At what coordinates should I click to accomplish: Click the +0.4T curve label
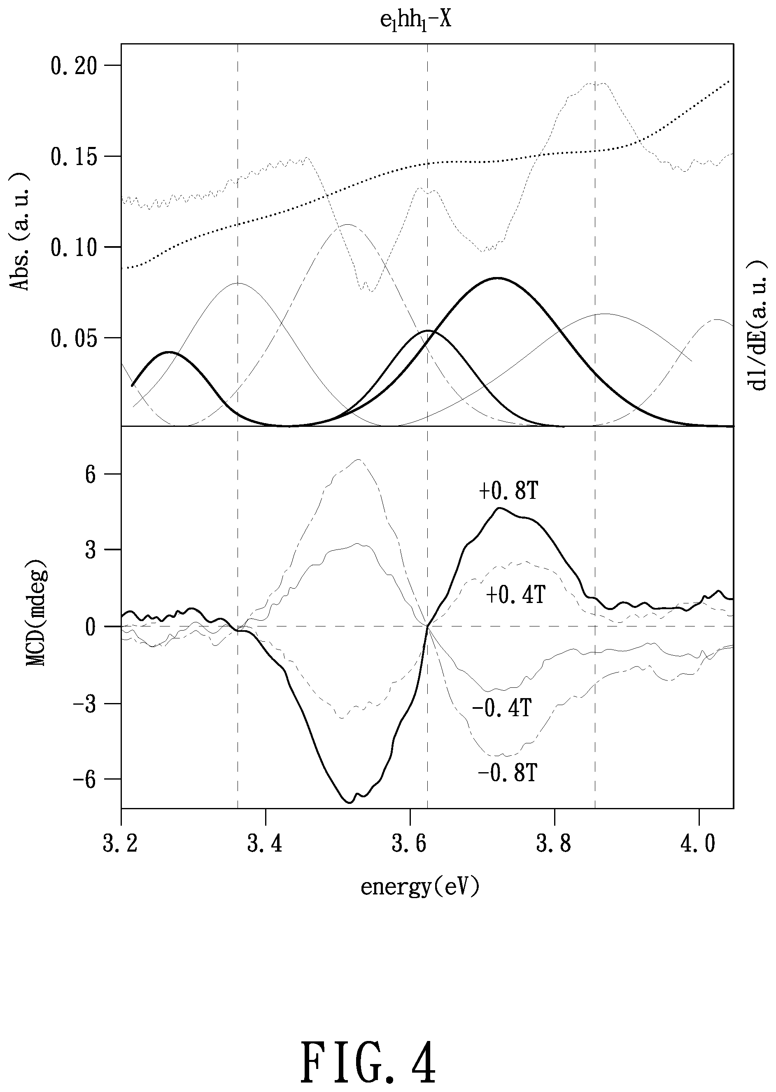(x=515, y=596)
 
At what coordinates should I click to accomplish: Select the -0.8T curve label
(x=508, y=773)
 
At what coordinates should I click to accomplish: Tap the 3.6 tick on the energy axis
(x=410, y=844)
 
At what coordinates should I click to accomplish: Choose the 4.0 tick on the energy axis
(x=698, y=844)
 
